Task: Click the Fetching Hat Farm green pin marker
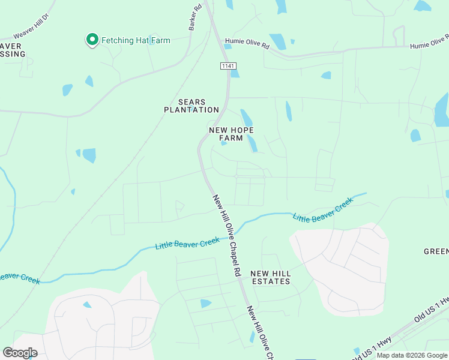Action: [x=92, y=40]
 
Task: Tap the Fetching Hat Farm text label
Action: [x=136, y=41]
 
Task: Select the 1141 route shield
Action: [x=228, y=65]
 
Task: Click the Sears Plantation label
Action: [x=191, y=106]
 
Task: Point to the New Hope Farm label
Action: [x=231, y=134]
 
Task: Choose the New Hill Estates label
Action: [x=271, y=277]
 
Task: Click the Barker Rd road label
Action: [x=194, y=19]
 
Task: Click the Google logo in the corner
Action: [x=20, y=353]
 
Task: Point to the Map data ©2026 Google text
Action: [x=412, y=355]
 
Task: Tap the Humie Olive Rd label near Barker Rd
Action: [x=247, y=43]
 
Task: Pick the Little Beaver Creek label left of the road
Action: [x=187, y=244]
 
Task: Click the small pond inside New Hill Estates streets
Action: [x=206, y=304]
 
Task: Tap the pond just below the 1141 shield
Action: [x=235, y=74]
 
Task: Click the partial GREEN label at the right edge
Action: [x=436, y=251]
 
